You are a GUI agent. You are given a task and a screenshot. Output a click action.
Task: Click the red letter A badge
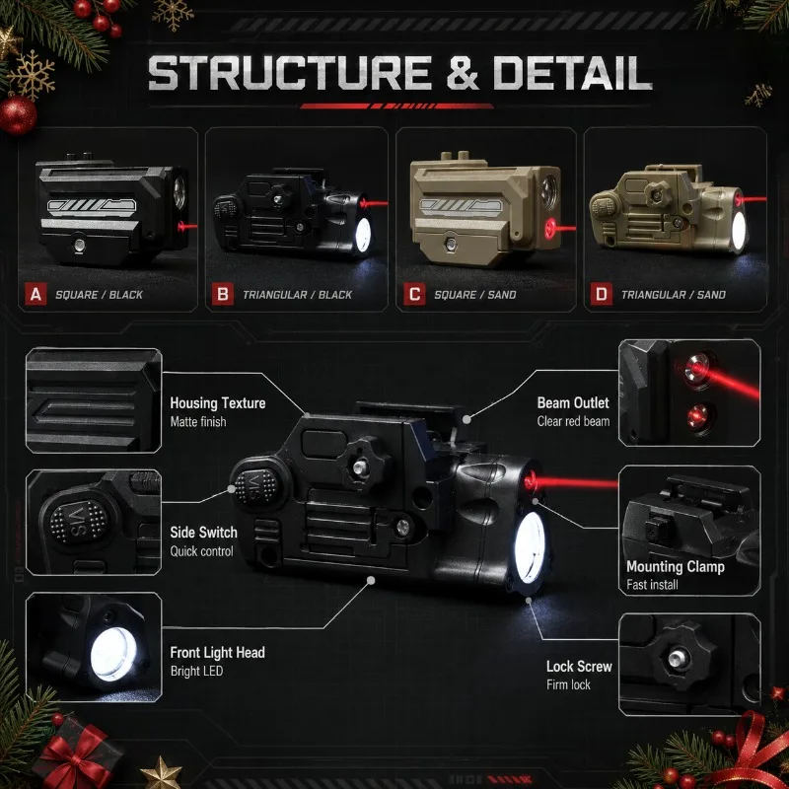point(36,294)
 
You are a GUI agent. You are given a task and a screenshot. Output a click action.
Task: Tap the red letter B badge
point(223,294)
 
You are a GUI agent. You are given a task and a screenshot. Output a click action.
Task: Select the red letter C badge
point(414,294)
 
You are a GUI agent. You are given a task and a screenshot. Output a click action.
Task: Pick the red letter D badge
point(602,294)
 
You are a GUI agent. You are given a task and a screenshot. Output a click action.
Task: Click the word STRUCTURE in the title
point(290,72)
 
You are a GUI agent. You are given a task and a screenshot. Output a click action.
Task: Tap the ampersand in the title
point(463,72)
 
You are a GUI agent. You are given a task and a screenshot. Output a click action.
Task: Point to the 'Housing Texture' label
point(217,403)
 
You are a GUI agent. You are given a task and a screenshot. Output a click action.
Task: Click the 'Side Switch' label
point(203,533)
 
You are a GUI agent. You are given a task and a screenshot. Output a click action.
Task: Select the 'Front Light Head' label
point(217,653)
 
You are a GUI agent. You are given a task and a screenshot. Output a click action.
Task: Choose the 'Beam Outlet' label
point(573,403)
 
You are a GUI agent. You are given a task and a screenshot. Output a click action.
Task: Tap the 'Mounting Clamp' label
point(676,567)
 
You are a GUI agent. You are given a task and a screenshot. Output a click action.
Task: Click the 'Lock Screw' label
point(579,667)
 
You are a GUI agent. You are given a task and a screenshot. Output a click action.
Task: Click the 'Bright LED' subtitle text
point(196,672)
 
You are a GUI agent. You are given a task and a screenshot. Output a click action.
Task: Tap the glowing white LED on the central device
point(530,547)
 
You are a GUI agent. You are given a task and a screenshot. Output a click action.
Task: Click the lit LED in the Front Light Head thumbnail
point(113,654)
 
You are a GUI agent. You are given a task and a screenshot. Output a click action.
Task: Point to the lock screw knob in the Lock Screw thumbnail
point(679,657)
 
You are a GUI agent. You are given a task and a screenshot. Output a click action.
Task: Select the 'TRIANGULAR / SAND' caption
point(674,295)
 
